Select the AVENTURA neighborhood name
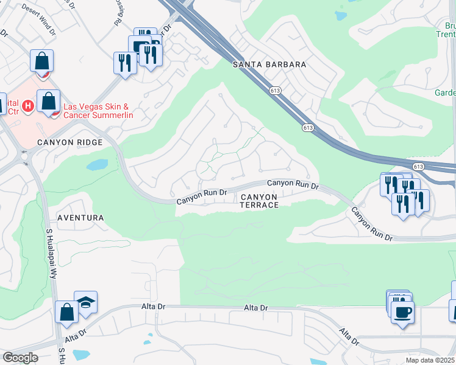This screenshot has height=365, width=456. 80,217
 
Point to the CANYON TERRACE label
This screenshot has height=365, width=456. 259,201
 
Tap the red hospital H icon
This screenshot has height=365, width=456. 27,107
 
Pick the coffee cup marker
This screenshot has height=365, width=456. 402,313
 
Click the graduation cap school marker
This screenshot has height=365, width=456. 85,302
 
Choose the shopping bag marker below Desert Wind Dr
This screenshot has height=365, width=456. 41,61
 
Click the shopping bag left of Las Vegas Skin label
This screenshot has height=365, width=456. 49,101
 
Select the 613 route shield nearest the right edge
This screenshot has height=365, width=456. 418,166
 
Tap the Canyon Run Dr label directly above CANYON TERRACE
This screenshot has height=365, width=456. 293,184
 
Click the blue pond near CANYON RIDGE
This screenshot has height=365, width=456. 98,165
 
